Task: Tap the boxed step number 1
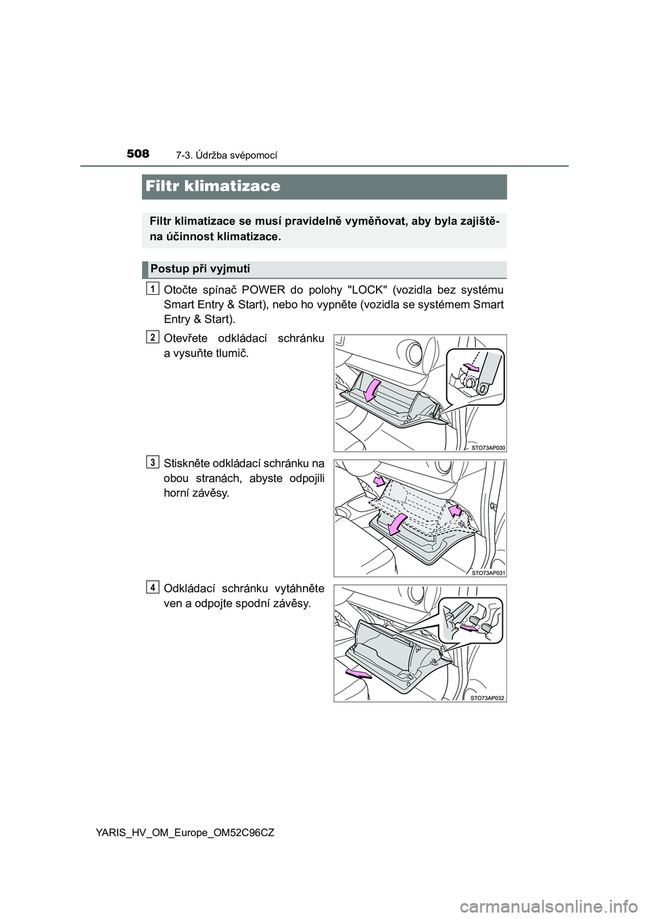[154, 289]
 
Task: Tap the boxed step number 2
[154, 336]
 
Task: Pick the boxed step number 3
[154, 462]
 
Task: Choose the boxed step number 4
[154, 587]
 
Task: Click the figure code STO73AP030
[489, 448]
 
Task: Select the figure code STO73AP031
[489, 572]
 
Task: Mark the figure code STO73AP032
[489, 697]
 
